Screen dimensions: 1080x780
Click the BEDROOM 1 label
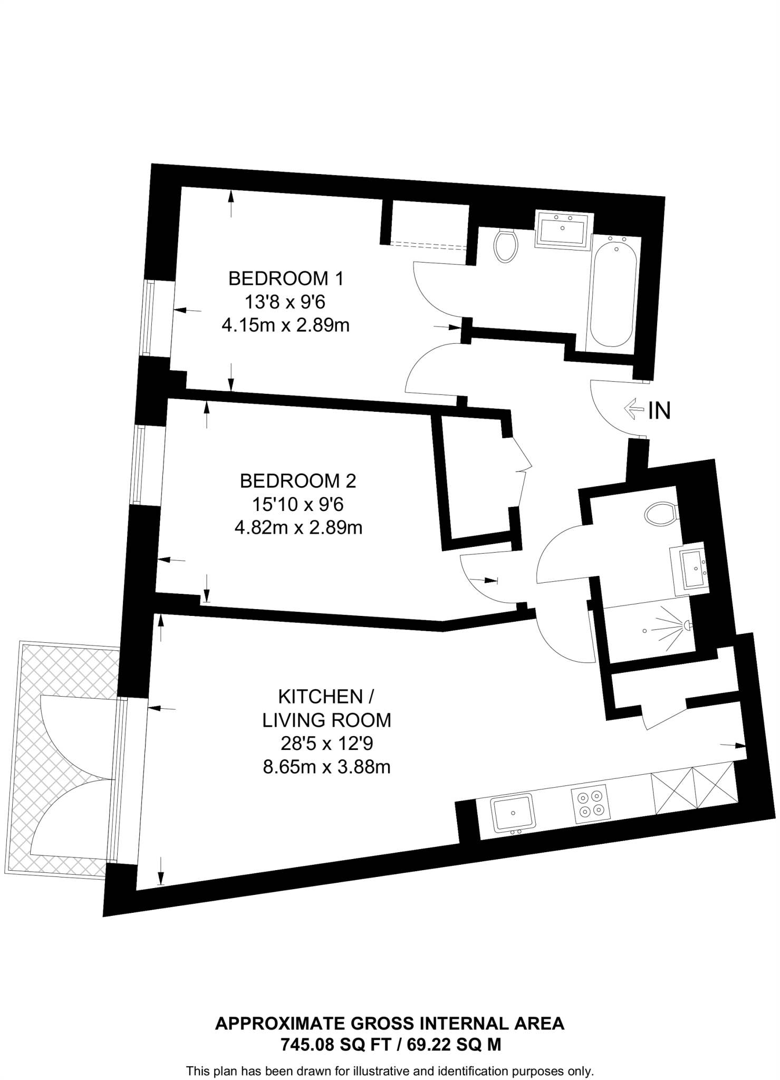[285, 278]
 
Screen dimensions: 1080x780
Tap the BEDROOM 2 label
[298, 481]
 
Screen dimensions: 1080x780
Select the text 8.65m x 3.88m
[326, 766]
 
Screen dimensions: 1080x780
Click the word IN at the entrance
[659, 411]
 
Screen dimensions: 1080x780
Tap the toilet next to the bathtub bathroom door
[506, 246]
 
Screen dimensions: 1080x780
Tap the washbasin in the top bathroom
[563, 230]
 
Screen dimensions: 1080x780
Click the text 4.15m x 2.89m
[285, 325]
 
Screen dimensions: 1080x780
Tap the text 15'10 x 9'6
[297, 505]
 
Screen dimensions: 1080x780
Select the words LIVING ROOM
[326, 720]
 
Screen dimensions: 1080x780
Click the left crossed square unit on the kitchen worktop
[672, 792]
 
